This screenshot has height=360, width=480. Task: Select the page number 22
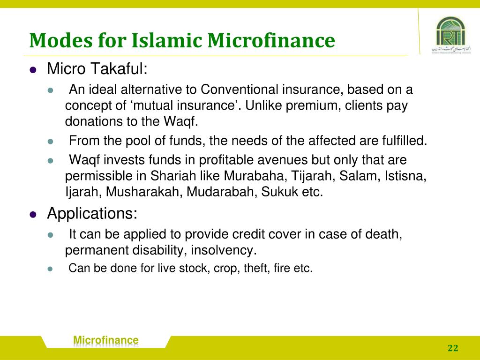[x=453, y=348]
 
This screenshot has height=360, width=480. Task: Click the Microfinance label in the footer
[x=106, y=340]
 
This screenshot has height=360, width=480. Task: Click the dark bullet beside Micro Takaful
[x=33, y=70]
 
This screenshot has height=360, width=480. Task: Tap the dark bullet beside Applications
[x=33, y=215]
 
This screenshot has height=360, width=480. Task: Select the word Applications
[x=92, y=214]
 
